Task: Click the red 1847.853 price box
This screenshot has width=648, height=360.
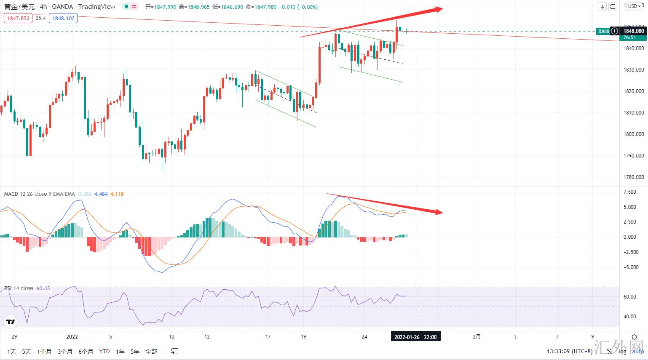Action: coord(18,18)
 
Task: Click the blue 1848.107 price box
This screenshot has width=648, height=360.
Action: coord(63,18)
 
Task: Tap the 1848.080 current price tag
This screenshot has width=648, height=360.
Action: coord(634,31)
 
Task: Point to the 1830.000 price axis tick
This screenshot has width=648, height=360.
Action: coord(634,70)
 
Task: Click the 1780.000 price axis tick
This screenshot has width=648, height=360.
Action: coord(634,177)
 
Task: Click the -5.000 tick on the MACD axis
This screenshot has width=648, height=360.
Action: coord(631,267)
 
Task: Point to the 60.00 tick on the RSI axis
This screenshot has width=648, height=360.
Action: coord(629,297)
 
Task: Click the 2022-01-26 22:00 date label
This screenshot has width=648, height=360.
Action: coord(415,337)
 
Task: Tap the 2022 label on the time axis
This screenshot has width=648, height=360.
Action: coord(72,337)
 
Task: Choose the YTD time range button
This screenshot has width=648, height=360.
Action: coord(104,351)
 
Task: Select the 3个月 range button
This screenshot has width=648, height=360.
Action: coord(65,351)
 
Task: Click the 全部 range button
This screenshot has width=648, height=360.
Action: coord(151,351)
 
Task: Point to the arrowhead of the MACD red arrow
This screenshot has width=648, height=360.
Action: coord(439,212)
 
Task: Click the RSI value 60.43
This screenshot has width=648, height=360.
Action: coord(43,288)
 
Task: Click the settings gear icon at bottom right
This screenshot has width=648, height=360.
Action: coord(634,337)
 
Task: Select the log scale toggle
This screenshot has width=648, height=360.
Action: coord(622,352)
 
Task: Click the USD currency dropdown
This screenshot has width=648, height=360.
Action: coord(634,6)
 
